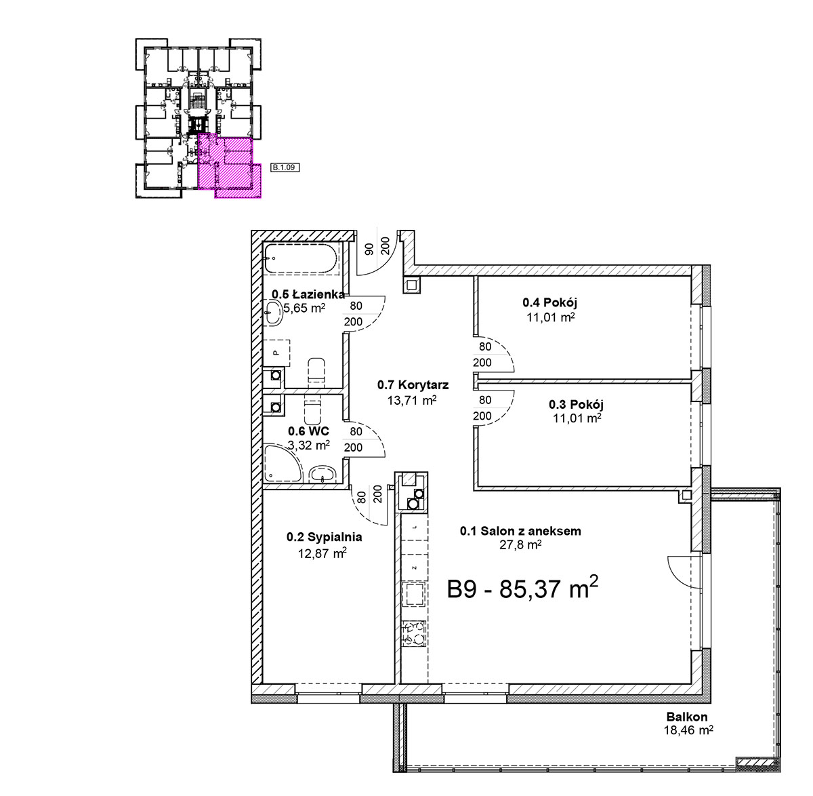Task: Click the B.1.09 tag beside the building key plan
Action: click(x=285, y=167)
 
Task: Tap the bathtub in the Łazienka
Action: click(x=301, y=258)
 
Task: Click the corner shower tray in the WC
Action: click(x=282, y=463)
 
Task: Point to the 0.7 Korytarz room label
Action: click(x=413, y=384)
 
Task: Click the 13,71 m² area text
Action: click(x=411, y=400)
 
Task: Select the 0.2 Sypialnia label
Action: click(x=325, y=537)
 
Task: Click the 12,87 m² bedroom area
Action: click(x=322, y=553)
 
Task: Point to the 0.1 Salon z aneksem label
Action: click(x=520, y=531)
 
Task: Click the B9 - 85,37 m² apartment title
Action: click(x=522, y=589)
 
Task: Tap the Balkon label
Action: click(x=687, y=717)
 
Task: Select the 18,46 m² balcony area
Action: click(x=688, y=730)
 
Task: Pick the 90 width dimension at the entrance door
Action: click(x=369, y=249)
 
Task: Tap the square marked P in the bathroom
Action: click(x=276, y=353)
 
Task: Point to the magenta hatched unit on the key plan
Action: click(x=229, y=166)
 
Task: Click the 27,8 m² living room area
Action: click(x=520, y=545)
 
